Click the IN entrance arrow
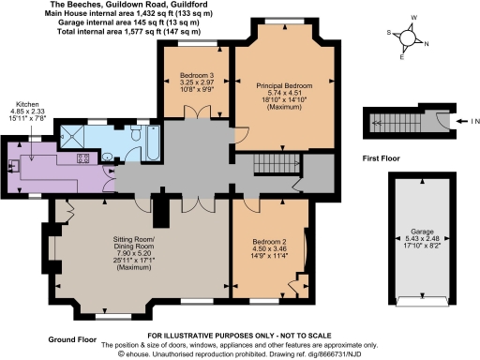pyautogui.click(x=466, y=123)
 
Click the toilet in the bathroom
pyautogui.click(x=133, y=139)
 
